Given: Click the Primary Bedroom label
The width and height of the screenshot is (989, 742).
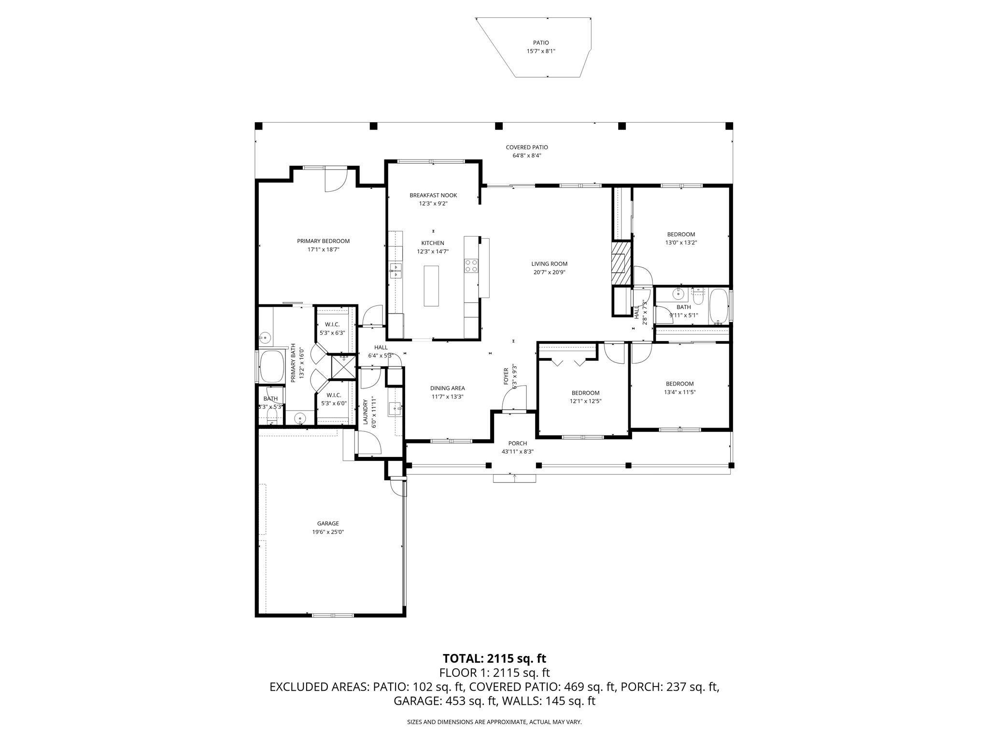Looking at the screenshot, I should click(x=323, y=241).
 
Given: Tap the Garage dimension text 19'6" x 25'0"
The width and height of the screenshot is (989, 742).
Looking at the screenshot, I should click(x=328, y=532).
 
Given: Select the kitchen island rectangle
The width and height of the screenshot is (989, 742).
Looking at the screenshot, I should click(x=431, y=285).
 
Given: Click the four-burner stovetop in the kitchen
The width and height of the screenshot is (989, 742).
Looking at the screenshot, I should click(x=471, y=266).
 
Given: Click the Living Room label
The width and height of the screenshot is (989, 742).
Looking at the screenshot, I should click(x=549, y=264).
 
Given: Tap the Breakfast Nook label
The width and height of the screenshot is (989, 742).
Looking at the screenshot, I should click(x=433, y=195).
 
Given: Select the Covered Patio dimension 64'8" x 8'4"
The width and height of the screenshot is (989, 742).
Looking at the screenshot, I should click(x=526, y=156).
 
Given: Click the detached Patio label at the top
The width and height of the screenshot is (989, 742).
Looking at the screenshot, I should click(x=541, y=43).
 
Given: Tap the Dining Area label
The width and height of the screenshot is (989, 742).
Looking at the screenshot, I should click(x=447, y=388).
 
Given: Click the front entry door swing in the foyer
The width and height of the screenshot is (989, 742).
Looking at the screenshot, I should click(x=514, y=399).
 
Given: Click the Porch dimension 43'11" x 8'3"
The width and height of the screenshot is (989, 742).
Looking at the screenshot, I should click(x=517, y=452).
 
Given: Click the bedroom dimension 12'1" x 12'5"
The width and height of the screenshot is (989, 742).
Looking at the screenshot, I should click(x=585, y=401).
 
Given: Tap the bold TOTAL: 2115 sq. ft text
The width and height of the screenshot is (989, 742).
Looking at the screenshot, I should click(x=494, y=658).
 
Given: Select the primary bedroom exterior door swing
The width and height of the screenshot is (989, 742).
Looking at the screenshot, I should click(x=335, y=181).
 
